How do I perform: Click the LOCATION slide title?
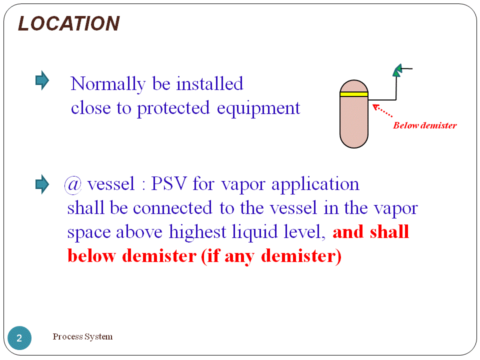tap(68, 23)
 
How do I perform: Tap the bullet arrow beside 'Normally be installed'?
tap(42, 80)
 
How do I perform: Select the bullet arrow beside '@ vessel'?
tap(42, 184)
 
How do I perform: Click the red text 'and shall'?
tap(370, 232)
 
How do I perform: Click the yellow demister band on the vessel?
tap(353, 94)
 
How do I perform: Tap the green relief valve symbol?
tap(397, 70)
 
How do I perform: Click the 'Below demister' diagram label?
tap(424, 125)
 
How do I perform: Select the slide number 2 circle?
tap(19, 338)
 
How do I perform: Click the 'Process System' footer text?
tap(82, 336)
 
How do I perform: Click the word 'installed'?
tap(209, 84)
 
